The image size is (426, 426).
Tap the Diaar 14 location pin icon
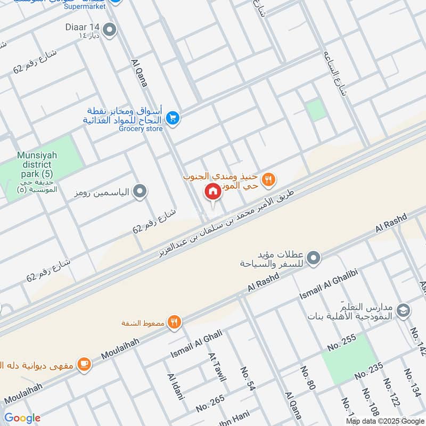110,30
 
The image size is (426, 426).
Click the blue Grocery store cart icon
172,118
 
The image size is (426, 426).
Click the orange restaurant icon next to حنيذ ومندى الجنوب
269,180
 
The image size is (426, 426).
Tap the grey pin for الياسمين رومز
140,191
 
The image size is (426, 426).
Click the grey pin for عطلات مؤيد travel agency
314,258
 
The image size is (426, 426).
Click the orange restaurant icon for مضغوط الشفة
174,322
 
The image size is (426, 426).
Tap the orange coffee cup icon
84,364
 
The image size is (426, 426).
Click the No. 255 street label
341,340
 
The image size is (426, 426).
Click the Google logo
22,418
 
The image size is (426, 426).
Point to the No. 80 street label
308,379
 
